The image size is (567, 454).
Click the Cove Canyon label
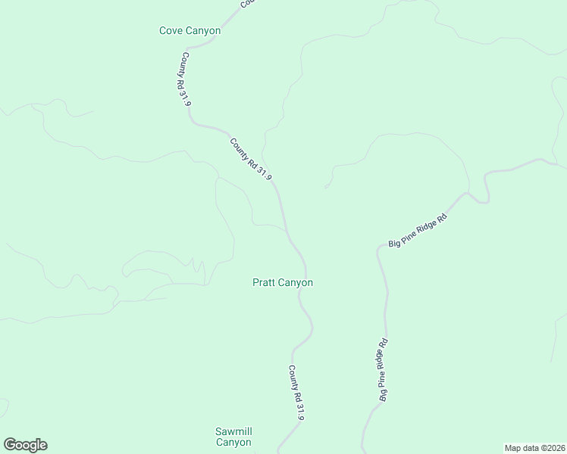[190, 31]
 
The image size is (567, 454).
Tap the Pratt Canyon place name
[282, 283]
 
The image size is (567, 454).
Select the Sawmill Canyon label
[233, 437]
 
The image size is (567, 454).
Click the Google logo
[25, 445]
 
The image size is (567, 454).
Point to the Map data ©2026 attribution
[535, 448]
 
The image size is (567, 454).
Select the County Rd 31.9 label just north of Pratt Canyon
[251, 158]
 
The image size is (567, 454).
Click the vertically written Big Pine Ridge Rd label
[384, 369]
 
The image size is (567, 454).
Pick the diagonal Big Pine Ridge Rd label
[418, 232]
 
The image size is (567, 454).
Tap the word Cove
[171, 31]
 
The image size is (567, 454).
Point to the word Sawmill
[233, 431]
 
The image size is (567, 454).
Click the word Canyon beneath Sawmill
[233, 443]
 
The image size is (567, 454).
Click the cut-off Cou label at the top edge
[247, 3]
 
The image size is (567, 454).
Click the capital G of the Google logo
[10, 445]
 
